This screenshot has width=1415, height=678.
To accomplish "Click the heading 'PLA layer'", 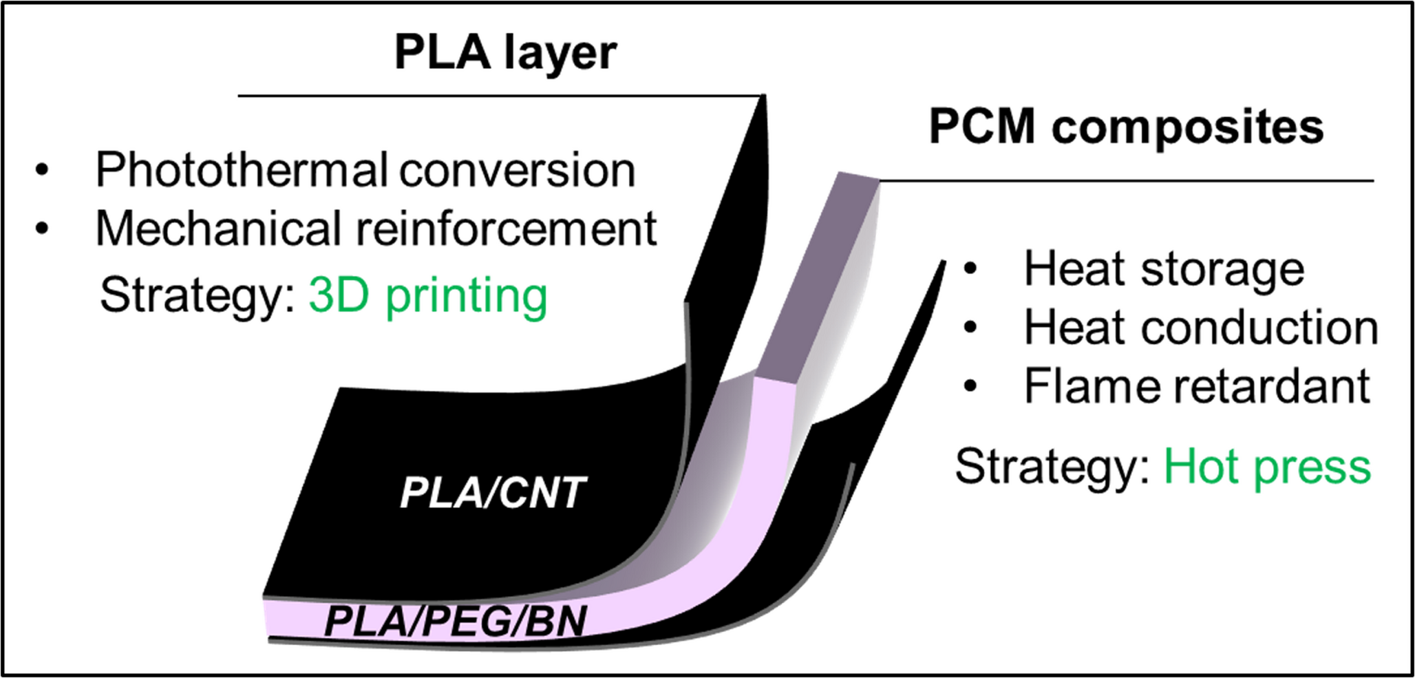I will [505, 54].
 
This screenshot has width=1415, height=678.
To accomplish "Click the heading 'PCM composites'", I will [1126, 127].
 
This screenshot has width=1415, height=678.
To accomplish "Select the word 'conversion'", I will [517, 170].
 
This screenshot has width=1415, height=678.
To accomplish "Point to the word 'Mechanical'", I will [219, 229].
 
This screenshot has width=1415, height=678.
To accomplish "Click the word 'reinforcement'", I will [507, 229].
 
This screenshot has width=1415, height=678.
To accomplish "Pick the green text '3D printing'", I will [427, 296].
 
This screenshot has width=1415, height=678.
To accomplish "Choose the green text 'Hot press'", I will [1267, 467].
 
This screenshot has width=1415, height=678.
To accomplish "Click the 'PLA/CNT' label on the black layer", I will [493, 493].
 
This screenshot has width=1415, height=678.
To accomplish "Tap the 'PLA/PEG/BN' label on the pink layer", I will [455, 621].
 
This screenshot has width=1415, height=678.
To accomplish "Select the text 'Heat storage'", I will [1164, 268].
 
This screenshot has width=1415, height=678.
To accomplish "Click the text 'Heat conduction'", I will [1201, 328].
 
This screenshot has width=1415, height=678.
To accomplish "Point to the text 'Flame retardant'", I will [1197, 386].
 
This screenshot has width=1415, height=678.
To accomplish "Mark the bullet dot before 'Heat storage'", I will [970, 269].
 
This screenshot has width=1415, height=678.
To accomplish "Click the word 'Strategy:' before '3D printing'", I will [198, 296].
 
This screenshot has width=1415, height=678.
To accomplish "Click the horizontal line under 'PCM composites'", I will [1126, 181].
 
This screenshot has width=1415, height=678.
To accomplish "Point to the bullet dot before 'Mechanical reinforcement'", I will [43, 229].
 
